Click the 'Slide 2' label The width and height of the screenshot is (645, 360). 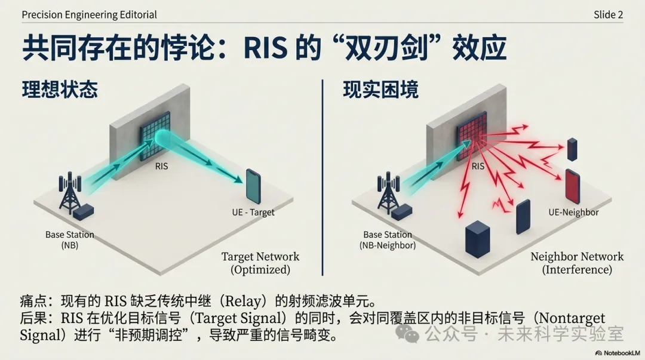pyautogui.click(x=608, y=14)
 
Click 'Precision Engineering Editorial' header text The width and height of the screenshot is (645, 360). pyautogui.click(x=89, y=14)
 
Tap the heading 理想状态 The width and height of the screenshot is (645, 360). pyautogui.click(x=60, y=90)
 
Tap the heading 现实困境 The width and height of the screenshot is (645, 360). pyautogui.click(x=380, y=90)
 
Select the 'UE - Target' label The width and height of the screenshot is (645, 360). pyautogui.click(x=253, y=212)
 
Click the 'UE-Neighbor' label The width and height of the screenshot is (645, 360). pyautogui.click(x=573, y=212)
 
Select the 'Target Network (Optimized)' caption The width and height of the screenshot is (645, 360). pyautogui.click(x=260, y=263)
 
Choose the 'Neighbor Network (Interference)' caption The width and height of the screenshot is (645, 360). pyautogui.click(x=577, y=263)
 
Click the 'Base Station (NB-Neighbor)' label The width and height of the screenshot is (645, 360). pyautogui.click(x=388, y=240)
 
